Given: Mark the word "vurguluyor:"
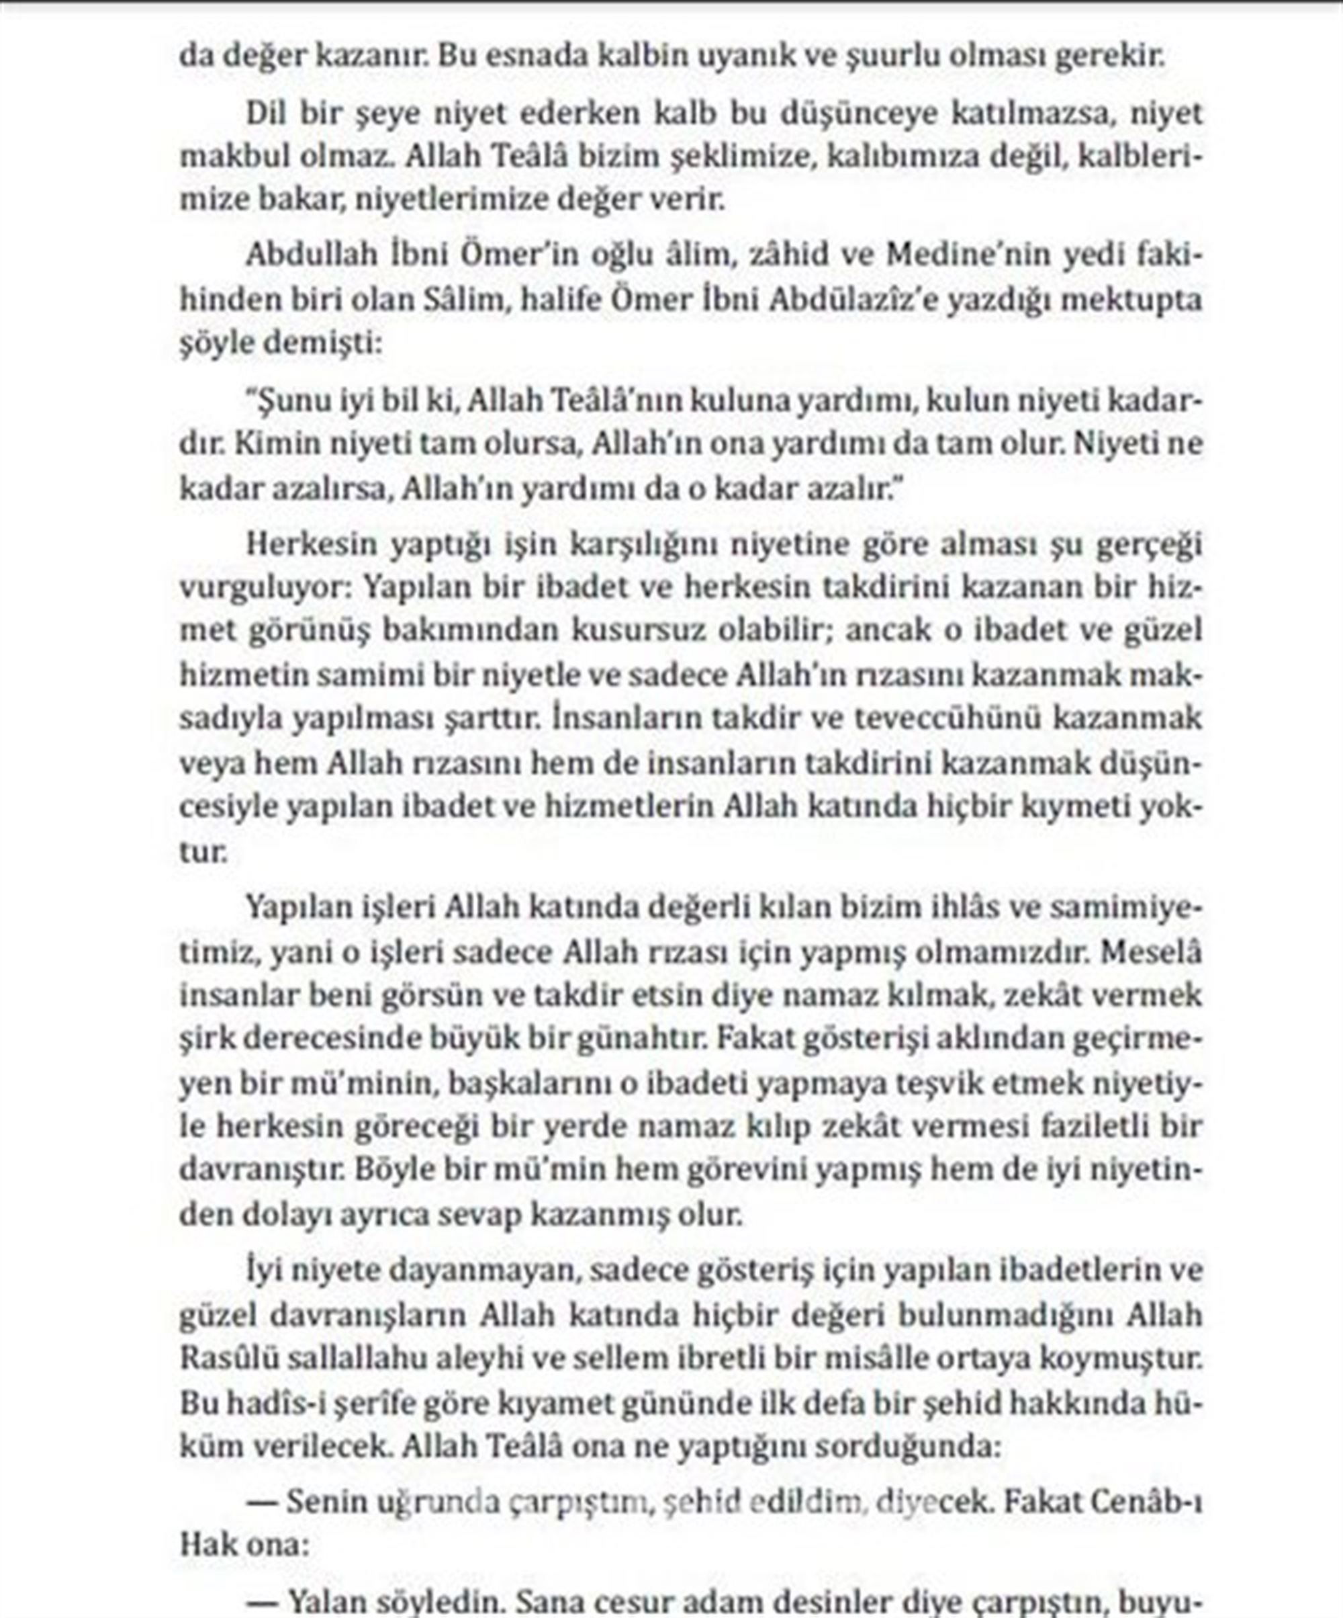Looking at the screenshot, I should pos(263,587).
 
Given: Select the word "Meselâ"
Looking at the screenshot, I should pos(1151,951).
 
